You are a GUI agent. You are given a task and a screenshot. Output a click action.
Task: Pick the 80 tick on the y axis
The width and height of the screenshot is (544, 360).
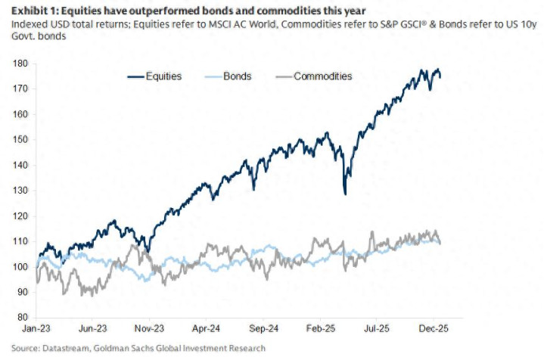coord(22,317)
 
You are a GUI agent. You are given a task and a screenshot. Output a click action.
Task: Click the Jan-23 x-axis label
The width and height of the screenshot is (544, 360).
coord(36,331)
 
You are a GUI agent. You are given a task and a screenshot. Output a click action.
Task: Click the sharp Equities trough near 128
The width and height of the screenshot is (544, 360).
coord(345,194)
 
